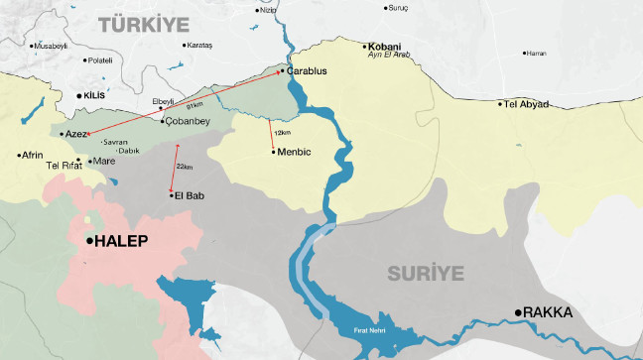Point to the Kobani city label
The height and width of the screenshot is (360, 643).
pos(383,46)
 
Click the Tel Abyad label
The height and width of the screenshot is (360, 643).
pos(526,103)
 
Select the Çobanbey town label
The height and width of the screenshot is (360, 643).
pos(190,121)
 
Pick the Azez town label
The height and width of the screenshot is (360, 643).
pos(75,134)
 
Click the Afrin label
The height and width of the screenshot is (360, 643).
pos(33,155)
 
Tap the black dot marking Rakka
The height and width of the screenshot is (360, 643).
pos(518,313)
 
